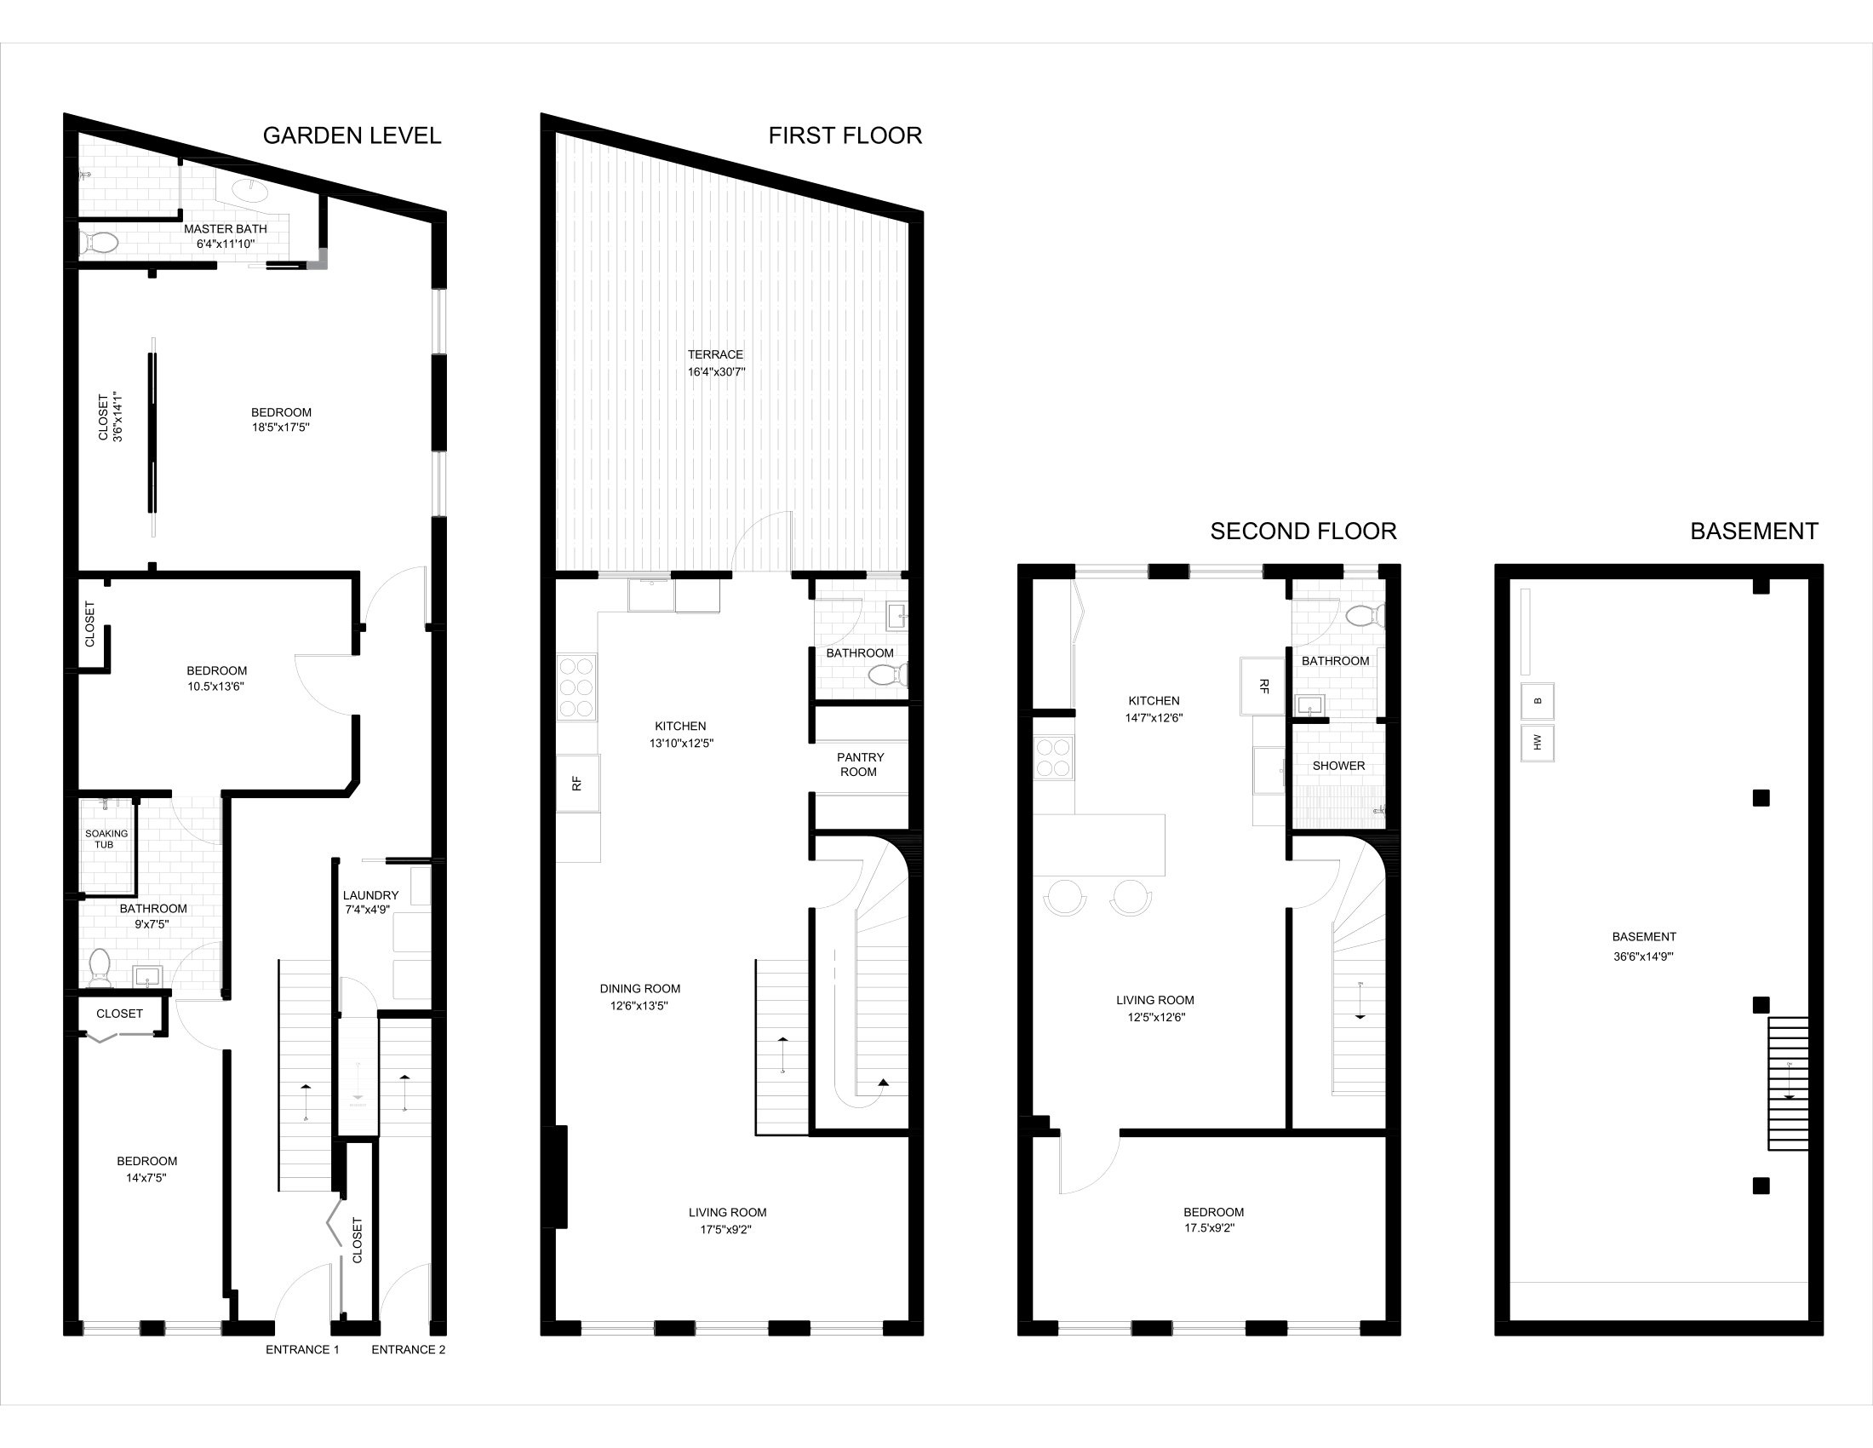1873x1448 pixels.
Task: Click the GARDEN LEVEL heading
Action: click(352, 135)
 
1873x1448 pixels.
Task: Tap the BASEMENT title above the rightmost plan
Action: click(1754, 531)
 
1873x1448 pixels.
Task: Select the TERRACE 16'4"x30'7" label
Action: click(715, 363)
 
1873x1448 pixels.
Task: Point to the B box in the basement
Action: click(1537, 701)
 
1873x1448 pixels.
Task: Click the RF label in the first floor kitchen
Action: click(577, 783)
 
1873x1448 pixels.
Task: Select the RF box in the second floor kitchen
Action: click(1263, 687)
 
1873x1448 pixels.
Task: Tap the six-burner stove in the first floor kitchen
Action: click(576, 687)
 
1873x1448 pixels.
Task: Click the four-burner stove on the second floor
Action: click(1054, 758)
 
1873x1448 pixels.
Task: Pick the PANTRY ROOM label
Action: click(859, 764)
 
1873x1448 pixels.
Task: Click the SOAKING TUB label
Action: click(106, 839)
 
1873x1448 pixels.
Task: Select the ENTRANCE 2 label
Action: click(408, 1349)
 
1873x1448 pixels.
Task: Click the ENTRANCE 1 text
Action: click(302, 1349)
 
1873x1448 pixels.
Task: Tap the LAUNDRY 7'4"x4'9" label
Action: click(370, 901)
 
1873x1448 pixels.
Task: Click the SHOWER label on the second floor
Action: click(1337, 765)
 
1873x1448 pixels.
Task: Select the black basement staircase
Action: click(1787, 1083)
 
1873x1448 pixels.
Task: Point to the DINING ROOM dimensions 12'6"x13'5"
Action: click(639, 1006)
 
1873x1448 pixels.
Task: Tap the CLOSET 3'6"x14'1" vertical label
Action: click(111, 417)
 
